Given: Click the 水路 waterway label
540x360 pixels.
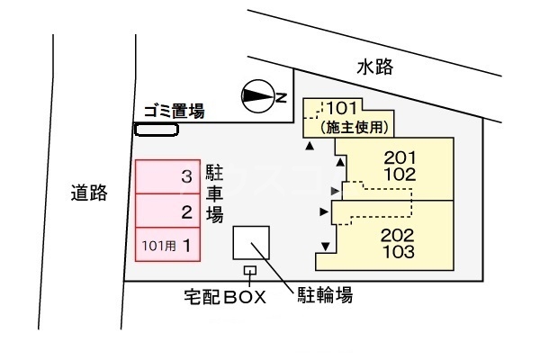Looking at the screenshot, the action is [374, 67].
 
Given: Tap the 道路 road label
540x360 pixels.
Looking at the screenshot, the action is [89, 192].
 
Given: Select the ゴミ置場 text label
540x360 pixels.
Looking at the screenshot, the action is [174, 112].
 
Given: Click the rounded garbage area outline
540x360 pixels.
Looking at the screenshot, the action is [156, 130].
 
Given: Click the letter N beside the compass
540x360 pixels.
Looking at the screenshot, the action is [281, 96].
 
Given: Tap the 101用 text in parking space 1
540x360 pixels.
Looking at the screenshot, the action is [155, 245].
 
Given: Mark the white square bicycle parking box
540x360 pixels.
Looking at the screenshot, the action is [251, 242].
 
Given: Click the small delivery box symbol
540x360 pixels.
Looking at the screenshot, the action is [249, 270].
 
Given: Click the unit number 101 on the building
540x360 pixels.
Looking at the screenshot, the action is [343, 109].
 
